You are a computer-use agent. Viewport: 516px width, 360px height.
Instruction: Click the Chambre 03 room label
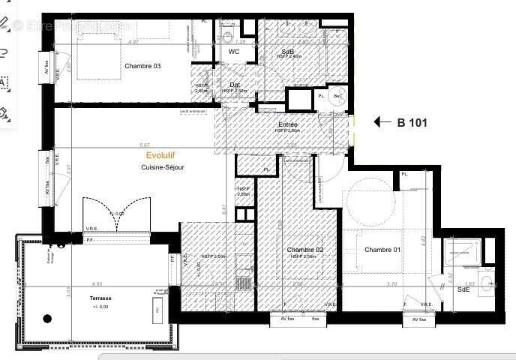tap(142, 66)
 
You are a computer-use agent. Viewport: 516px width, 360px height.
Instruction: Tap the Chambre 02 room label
tap(305, 249)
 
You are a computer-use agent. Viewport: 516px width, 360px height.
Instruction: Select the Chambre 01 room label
tap(382, 249)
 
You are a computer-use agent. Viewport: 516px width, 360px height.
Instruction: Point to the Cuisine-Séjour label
tap(163, 167)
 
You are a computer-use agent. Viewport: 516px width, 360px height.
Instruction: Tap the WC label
tap(234, 52)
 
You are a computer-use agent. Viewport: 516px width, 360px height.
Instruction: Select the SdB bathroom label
tap(289, 51)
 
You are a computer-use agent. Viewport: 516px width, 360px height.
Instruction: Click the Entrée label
tap(288, 124)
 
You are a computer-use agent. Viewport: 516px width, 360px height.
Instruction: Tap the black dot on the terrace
tap(47, 319)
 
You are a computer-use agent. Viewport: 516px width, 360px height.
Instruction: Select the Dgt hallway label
tap(235, 85)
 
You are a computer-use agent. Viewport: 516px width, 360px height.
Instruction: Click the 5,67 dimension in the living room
tap(145, 145)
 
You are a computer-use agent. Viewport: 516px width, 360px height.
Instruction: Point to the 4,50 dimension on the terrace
tap(97, 284)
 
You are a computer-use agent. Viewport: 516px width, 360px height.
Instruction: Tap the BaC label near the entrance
tap(338, 96)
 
